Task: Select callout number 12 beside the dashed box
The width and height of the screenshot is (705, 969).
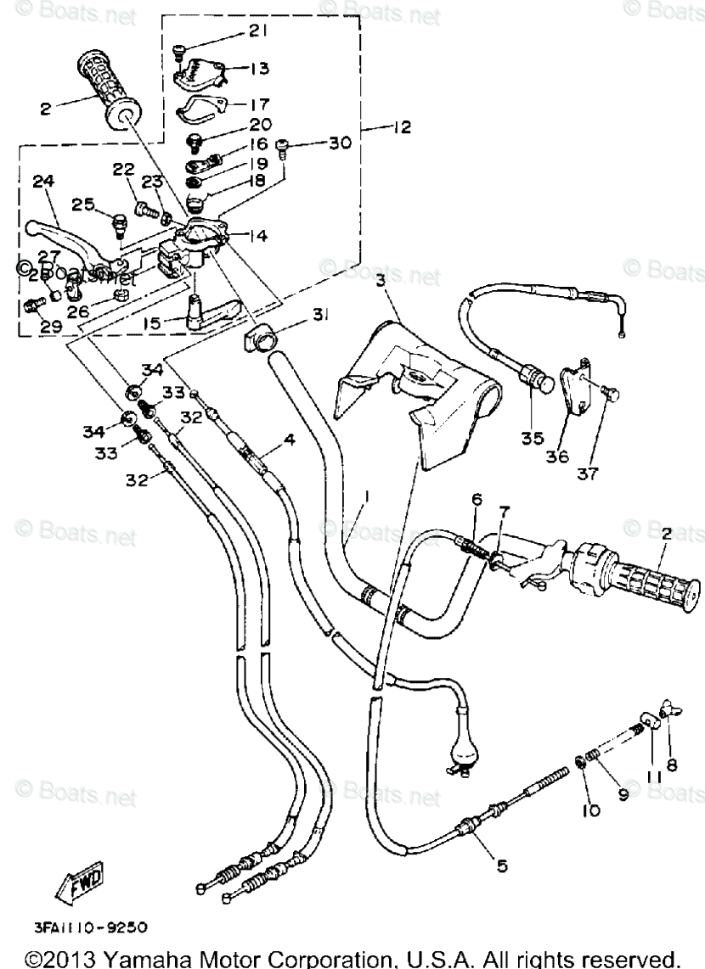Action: click(x=401, y=127)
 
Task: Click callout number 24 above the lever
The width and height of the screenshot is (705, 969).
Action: click(x=43, y=181)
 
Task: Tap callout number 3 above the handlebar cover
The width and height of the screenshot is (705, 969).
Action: click(x=383, y=279)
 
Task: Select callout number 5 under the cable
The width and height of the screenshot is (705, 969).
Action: click(x=502, y=865)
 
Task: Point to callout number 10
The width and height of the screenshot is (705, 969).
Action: click(x=591, y=810)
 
